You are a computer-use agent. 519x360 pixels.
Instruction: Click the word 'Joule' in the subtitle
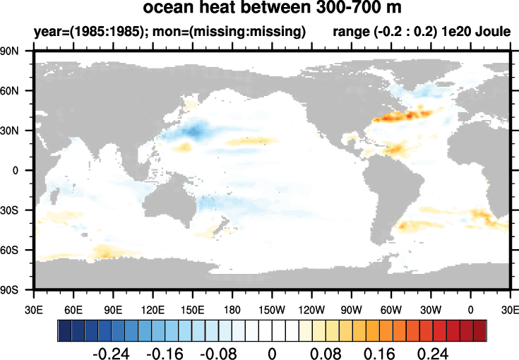tap(493, 32)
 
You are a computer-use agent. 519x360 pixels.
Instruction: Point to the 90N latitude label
tap(9, 52)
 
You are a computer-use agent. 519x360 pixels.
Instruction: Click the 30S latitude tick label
tap(9, 210)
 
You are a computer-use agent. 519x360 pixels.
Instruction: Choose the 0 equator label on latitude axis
tap(16, 171)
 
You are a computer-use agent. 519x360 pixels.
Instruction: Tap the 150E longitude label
tap(192, 310)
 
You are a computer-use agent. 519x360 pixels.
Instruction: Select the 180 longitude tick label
tap(232, 310)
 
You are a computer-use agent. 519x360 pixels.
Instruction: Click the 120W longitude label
tap(311, 310)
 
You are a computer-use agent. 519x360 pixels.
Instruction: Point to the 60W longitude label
tap(391, 310)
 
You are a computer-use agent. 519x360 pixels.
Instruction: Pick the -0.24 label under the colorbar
tap(111, 354)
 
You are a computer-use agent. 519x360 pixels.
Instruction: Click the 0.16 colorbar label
tap(379, 354)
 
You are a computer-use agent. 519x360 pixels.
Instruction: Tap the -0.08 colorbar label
tap(218, 354)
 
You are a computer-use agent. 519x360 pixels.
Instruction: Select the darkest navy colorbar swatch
tap(64, 330)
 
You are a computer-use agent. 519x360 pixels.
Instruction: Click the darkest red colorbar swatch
tap(480, 330)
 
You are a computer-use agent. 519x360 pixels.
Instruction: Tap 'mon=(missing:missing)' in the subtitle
tap(229, 32)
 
